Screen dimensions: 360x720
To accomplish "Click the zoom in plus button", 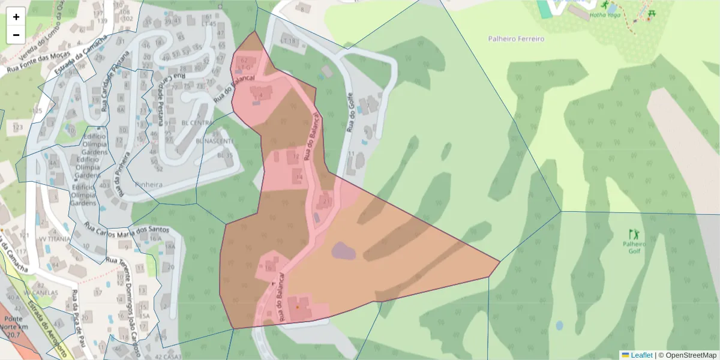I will [16, 17].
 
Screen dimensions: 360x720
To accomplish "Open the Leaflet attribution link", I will [637, 355].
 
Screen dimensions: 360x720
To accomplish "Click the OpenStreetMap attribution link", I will [691, 355].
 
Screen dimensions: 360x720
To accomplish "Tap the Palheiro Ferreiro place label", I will [516, 39].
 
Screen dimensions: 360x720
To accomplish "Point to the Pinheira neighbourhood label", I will [149, 185].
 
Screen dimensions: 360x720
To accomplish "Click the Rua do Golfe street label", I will [350, 113].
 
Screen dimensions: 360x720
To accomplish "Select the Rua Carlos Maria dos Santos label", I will [127, 229].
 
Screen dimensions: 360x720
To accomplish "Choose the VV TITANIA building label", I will [55, 238].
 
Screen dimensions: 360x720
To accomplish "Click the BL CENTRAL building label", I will [197, 123].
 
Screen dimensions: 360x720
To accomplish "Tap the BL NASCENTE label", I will [214, 141].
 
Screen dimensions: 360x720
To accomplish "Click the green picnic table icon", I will [652, 13].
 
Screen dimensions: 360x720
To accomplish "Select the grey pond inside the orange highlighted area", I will [343, 250].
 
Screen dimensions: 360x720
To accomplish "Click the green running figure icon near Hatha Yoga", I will [604, 5].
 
